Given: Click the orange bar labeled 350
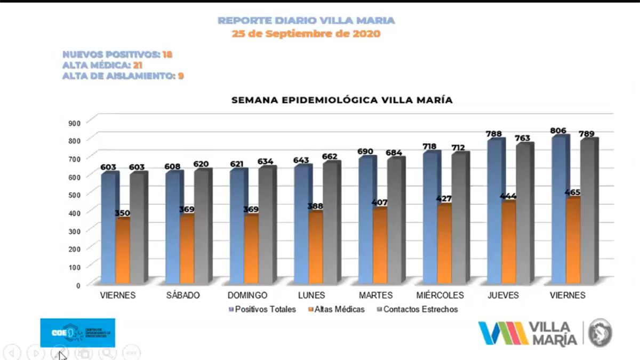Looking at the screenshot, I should tap(122, 251).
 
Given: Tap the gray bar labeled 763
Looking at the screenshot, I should tap(523, 213).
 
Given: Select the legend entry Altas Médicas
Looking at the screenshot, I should tap(339, 309).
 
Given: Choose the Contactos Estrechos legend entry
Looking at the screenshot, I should tap(420, 309).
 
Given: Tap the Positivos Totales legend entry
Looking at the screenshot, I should tap(265, 309).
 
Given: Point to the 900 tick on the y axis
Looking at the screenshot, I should tap(75, 123).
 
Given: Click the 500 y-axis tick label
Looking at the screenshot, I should tap(75, 195).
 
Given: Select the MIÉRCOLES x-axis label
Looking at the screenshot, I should tap(440, 295).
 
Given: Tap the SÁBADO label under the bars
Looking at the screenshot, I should tap(183, 295).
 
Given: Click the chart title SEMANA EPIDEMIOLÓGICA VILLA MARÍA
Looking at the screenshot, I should tap(342, 100).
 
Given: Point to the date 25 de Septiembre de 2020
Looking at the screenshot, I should tap(306, 33).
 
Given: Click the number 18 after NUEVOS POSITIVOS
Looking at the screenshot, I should tap(167, 54).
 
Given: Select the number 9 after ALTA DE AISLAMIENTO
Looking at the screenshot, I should tap(181, 76).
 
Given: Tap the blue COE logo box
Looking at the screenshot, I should tap(77, 333).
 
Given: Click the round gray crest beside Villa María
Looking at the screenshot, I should tap(600, 333).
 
